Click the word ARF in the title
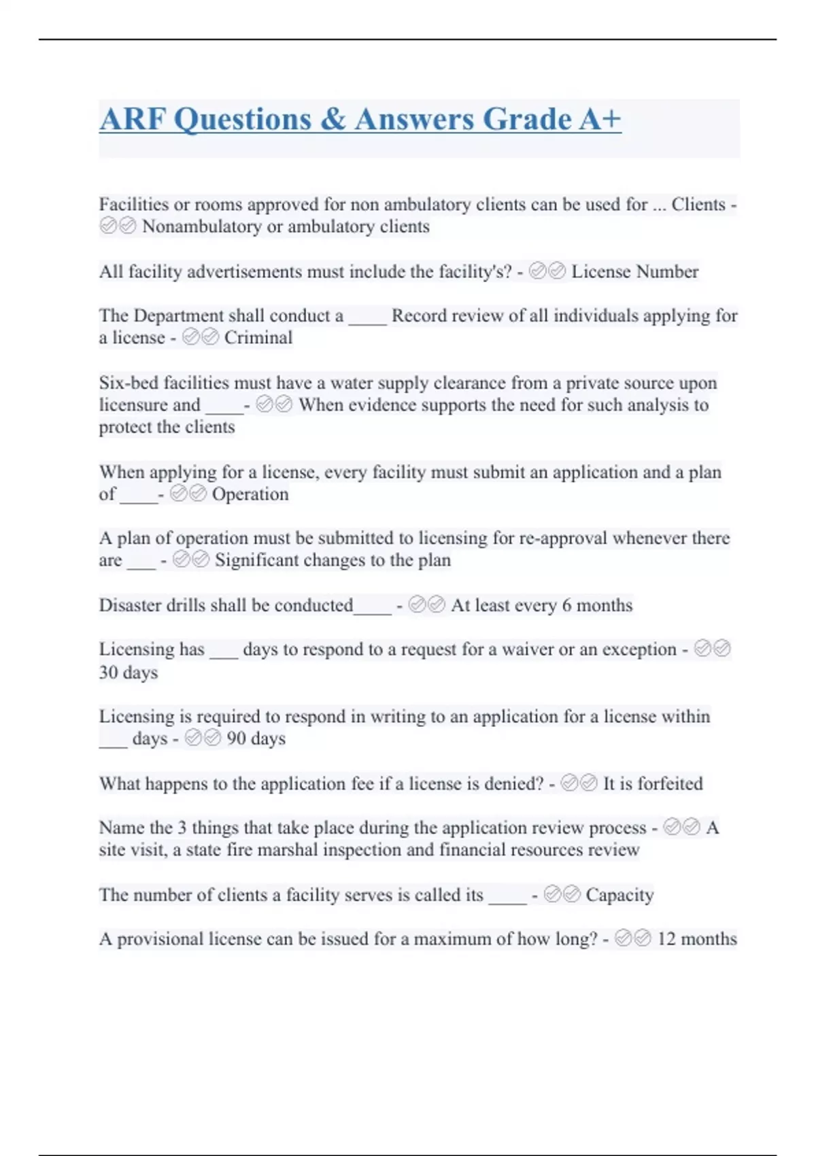[133, 120]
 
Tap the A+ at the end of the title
[600, 120]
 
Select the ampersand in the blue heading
[333, 120]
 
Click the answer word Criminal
[258, 338]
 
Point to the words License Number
[634, 272]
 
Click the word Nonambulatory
[201, 226]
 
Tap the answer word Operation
[250, 494]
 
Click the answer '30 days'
[129, 673]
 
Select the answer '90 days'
[256, 738]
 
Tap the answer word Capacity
[619, 895]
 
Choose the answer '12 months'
[696, 939]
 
